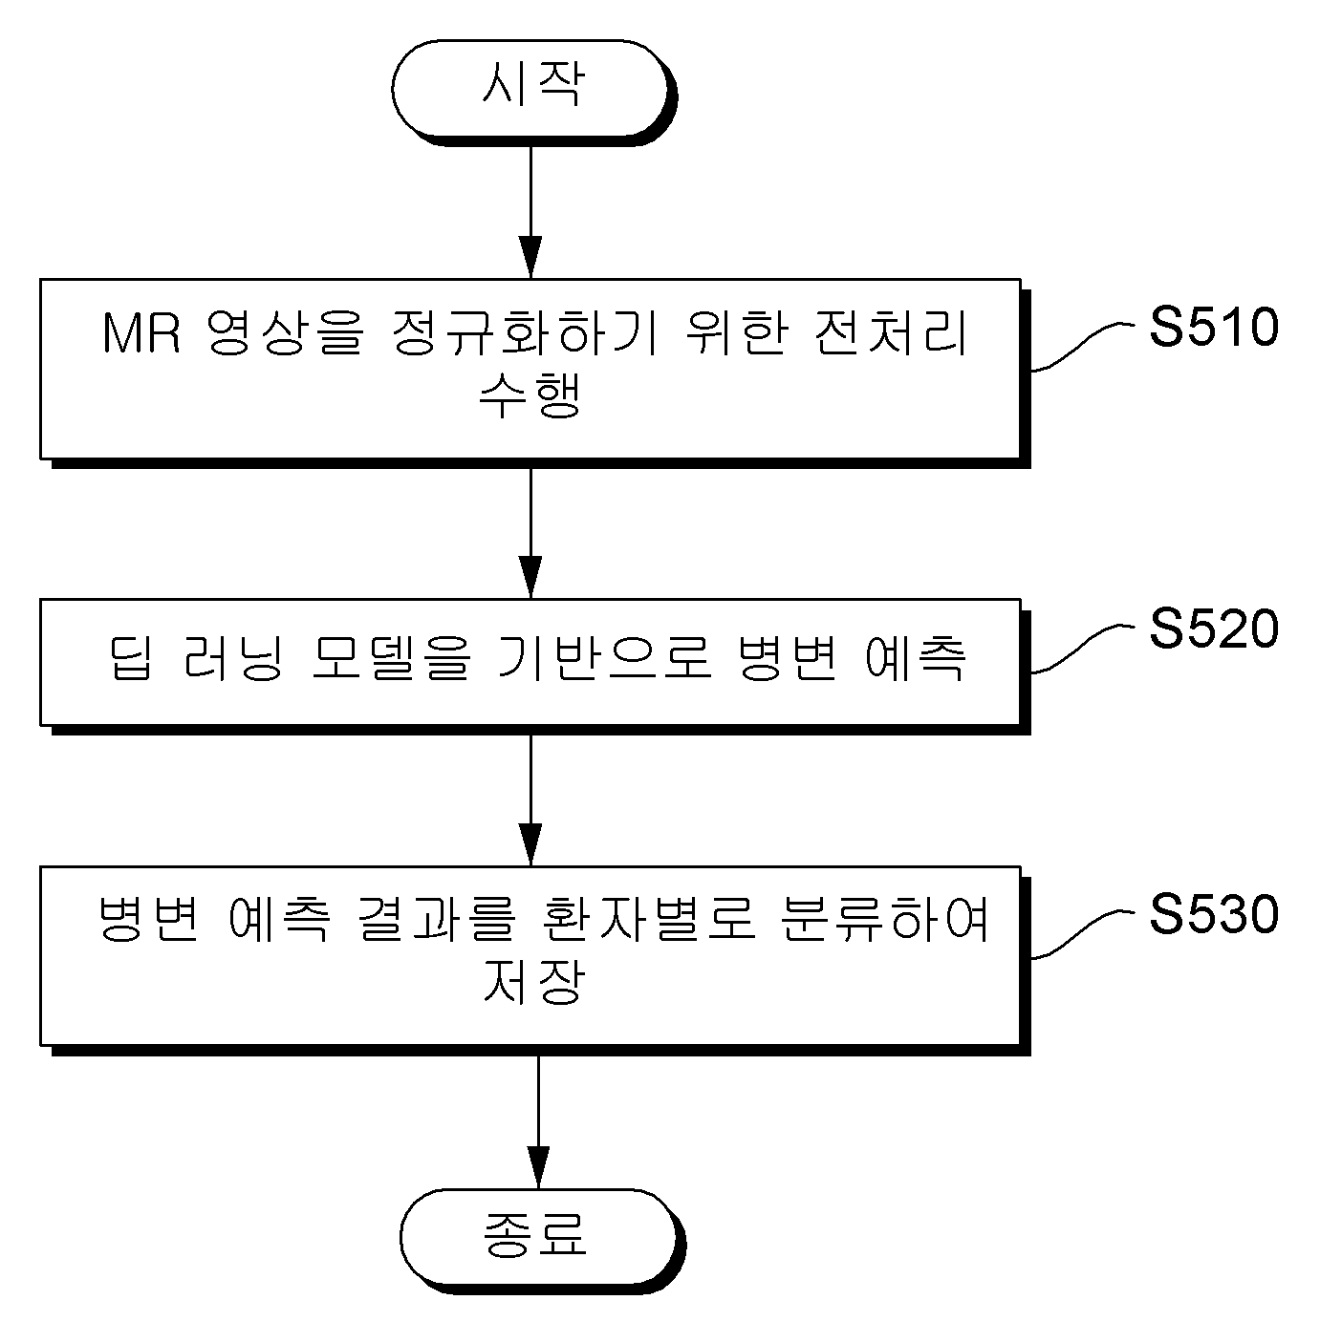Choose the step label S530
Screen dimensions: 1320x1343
[1214, 914]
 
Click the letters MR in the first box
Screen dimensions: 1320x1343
[141, 333]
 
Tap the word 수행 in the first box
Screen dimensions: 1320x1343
[530, 395]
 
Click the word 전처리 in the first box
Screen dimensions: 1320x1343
[891, 332]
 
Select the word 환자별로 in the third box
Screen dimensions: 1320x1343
[649, 919]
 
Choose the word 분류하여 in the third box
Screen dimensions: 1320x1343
[884, 919]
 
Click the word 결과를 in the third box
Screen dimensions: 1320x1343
[437, 919]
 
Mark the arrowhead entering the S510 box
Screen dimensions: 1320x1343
[530, 258]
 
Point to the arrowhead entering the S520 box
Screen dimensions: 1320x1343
[530, 578]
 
